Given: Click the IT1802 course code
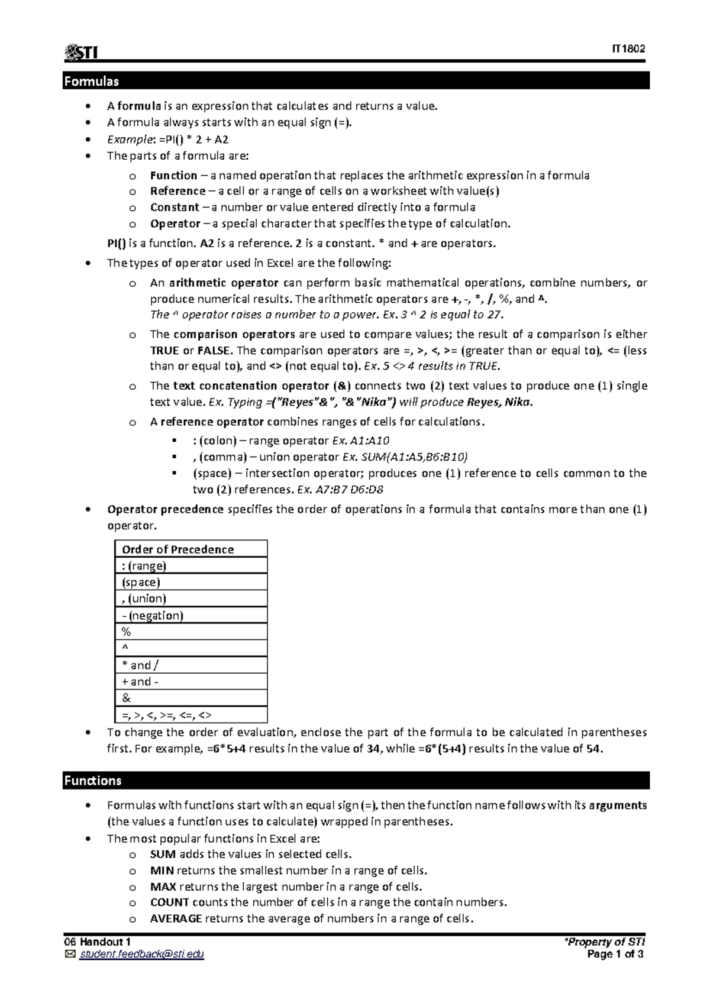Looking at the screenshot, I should pos(628,49).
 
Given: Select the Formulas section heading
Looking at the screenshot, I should pos(92,81).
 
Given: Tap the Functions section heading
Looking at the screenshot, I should pos(93,781).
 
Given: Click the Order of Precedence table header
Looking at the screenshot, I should pos(178,549).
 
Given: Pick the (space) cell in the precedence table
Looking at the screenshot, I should pos(141,582).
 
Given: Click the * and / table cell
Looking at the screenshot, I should pos(141,665).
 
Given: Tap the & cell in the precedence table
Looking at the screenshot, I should pos(126,698).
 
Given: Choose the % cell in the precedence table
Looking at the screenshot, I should pos(126,632).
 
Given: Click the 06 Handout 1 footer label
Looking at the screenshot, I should pos(98,943).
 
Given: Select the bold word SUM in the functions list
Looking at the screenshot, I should pos(163,854).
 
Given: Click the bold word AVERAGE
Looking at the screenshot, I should pos(176,918).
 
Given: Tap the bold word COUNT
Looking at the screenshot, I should pos(170,902).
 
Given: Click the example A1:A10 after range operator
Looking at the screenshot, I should pos(370,441).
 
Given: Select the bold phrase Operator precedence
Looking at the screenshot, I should pos(165,509).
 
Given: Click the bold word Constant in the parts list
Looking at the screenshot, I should pos(175,208).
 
